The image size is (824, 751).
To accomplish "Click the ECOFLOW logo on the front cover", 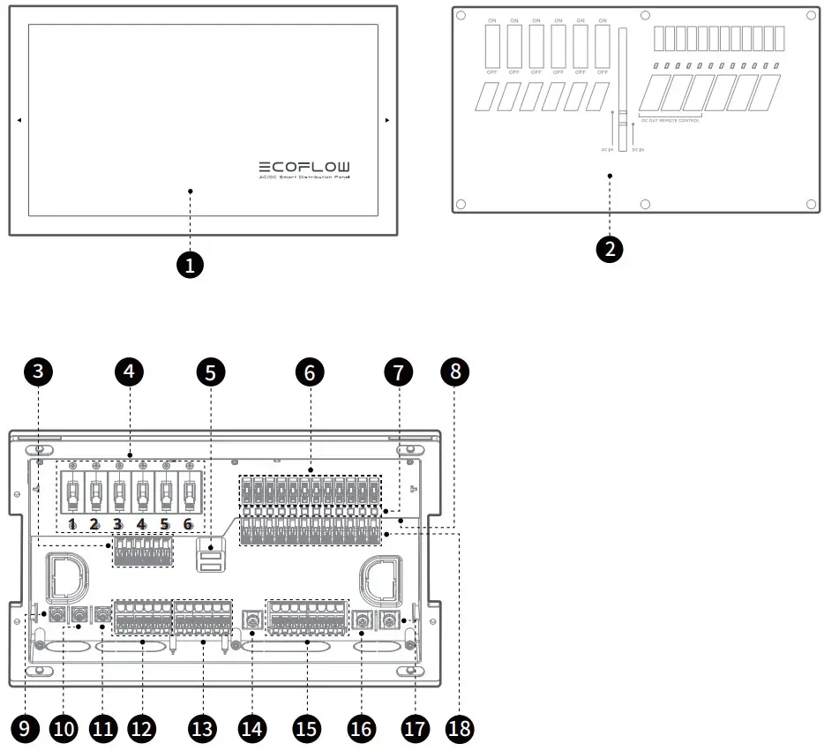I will point(303,166).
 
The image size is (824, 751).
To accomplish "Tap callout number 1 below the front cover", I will point(191,263).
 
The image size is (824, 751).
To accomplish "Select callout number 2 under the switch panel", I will point(609,249).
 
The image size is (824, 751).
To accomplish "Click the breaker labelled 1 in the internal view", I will point(71,495).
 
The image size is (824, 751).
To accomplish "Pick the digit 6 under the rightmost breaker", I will point(187,524).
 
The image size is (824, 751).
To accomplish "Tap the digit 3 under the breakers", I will point(117,524).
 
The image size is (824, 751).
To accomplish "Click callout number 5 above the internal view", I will point(210,372).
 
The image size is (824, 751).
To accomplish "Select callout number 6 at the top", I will point(309,372).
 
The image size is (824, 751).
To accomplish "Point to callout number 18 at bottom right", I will point(459,728).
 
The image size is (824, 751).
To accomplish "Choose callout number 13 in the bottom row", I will point(202,728).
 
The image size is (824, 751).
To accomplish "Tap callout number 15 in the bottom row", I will point(306,728).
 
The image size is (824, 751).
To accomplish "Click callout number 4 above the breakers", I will point(130,372).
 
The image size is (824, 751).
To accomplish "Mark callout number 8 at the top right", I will point(455,372).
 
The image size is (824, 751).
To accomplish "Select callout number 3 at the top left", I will point(37,372).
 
